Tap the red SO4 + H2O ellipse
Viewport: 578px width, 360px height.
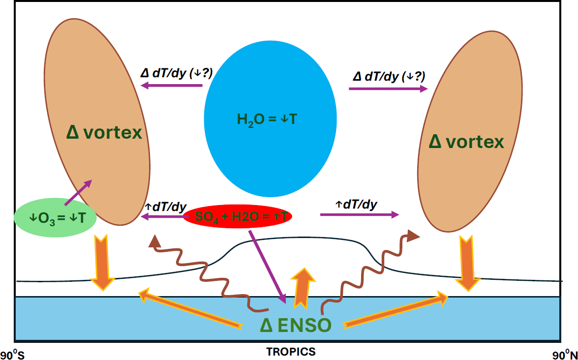[x=238, y=216]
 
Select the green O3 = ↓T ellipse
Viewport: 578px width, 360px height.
[x=55, y=218]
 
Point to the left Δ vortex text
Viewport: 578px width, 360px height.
[x=104, y=132]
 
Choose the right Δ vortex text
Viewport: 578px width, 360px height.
[x=466, y=142]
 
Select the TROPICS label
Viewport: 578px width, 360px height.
[x=291, y=352]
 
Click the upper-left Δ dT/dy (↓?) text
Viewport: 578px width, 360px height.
[x=176, y=73]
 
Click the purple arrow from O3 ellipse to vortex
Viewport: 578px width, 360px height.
[x=78, y=192]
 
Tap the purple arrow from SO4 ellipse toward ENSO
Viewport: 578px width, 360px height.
[x=268, y=265]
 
